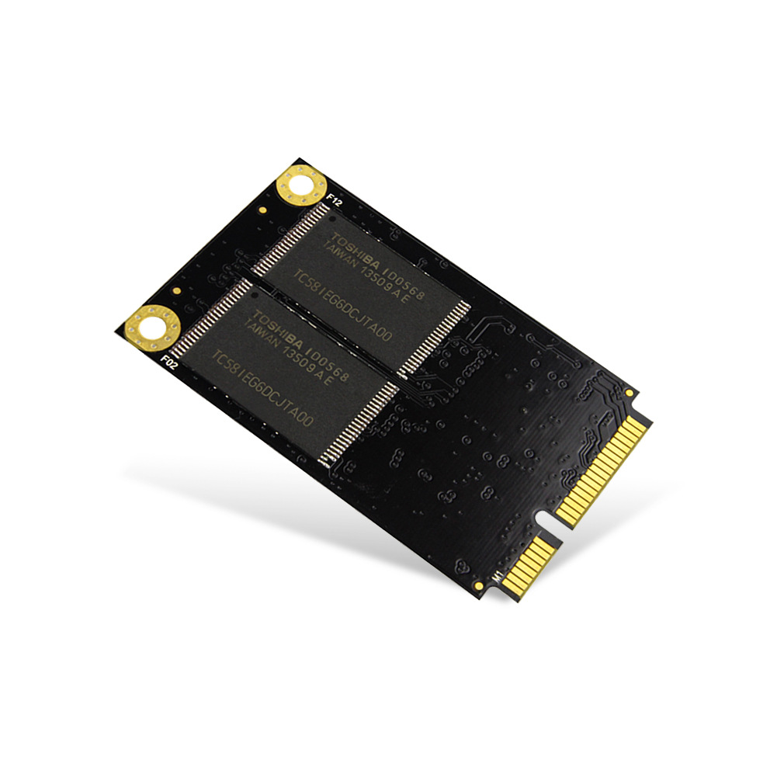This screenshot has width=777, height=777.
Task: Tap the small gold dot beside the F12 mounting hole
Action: pyautogui.click(x=263, y=210)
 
